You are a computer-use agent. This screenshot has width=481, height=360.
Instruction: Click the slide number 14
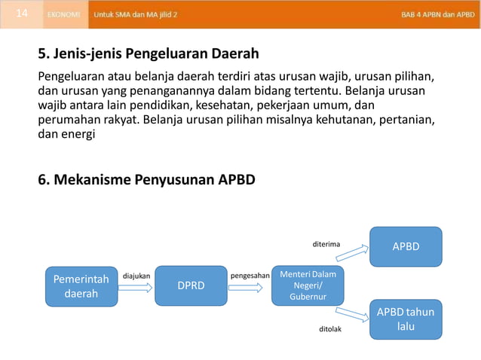click(x=22, y=14)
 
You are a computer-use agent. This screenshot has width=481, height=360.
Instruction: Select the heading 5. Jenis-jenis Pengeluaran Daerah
click(x=149, y=54)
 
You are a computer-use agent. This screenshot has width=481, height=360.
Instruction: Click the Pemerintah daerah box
click(x=81, y=286)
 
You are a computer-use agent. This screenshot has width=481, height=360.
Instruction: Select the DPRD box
click(x=191, y=286)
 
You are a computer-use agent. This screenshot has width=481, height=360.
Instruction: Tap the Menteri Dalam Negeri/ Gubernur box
click(x=308, y=286)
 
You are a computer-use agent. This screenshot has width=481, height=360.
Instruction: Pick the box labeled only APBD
click(x=406, y=246)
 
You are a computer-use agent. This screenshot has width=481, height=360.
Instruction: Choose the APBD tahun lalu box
click(x=406, y=319)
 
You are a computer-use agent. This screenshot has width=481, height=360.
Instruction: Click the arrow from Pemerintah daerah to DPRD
click(x=136, y=287)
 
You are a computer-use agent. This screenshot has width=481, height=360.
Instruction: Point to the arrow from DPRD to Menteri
click(x=249, y=287)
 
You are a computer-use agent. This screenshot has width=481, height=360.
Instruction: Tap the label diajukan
click(x=136, y=276)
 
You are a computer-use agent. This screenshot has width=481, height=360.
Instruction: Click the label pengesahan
click(x=250, y=276)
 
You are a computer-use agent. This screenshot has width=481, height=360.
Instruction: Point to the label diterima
click(x=326, y=244)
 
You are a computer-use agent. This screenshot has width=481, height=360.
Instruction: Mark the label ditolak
click(x=329, y=329)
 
